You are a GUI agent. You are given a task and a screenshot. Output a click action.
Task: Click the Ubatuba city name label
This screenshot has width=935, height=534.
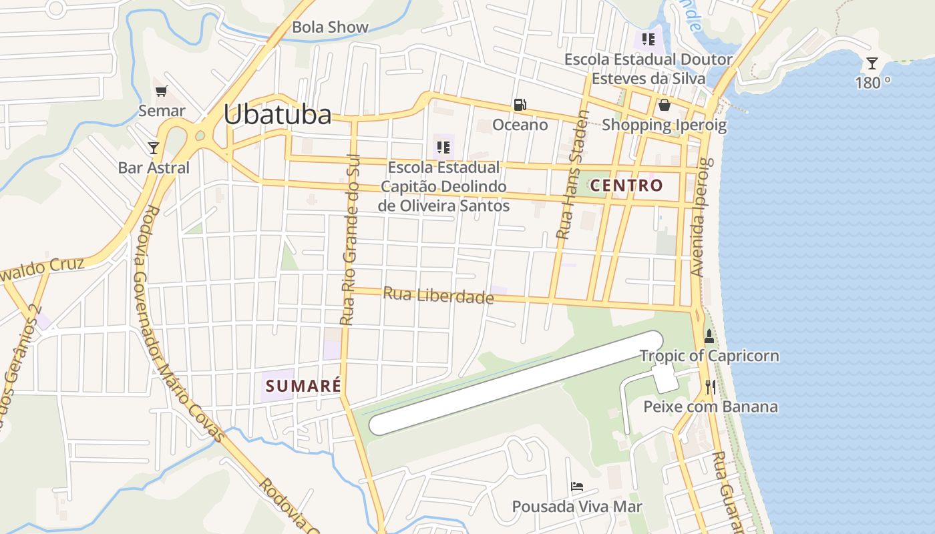coord(277,115)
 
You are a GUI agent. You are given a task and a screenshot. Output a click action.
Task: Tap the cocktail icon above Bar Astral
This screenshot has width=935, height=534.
coord(154,148)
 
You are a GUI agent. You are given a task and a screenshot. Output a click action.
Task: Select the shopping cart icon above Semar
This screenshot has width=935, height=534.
coord(161,91)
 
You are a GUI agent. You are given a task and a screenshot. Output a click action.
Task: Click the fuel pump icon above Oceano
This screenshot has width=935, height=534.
coord(520,105)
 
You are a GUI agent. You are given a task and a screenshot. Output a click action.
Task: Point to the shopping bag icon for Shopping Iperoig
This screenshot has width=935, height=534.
coord(664,105)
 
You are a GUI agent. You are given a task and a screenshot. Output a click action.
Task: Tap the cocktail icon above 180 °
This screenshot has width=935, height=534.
coord(872,63)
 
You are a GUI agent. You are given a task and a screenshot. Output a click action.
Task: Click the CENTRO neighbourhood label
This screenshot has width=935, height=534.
coord(626,186)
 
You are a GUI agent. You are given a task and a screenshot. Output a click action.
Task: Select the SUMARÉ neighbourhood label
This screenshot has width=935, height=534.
coord(303,386)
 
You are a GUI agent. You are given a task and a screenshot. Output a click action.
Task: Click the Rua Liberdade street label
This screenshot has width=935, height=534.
coord(438,295)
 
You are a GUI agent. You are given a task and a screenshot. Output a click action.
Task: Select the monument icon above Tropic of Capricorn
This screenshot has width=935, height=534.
coord(709,336)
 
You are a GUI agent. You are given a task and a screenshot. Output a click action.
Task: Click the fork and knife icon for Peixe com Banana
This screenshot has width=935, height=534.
coord(710,386)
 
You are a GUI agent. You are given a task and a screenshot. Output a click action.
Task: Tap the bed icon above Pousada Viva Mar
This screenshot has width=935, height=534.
coord(577,487)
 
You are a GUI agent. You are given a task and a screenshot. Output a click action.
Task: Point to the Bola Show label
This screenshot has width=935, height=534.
coord(330,27)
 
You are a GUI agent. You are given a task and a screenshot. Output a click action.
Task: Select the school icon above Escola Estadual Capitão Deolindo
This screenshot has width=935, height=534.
coord(442,147)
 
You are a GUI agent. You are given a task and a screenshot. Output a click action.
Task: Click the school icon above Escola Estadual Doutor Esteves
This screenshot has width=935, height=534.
coord(648,39)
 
